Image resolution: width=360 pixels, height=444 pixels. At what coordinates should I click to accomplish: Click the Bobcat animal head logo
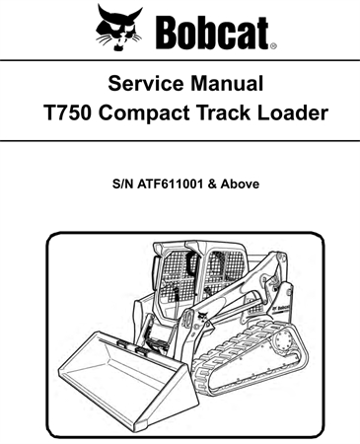(119, 27)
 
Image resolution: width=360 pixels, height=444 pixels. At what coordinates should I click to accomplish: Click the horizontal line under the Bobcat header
(180, 61)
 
